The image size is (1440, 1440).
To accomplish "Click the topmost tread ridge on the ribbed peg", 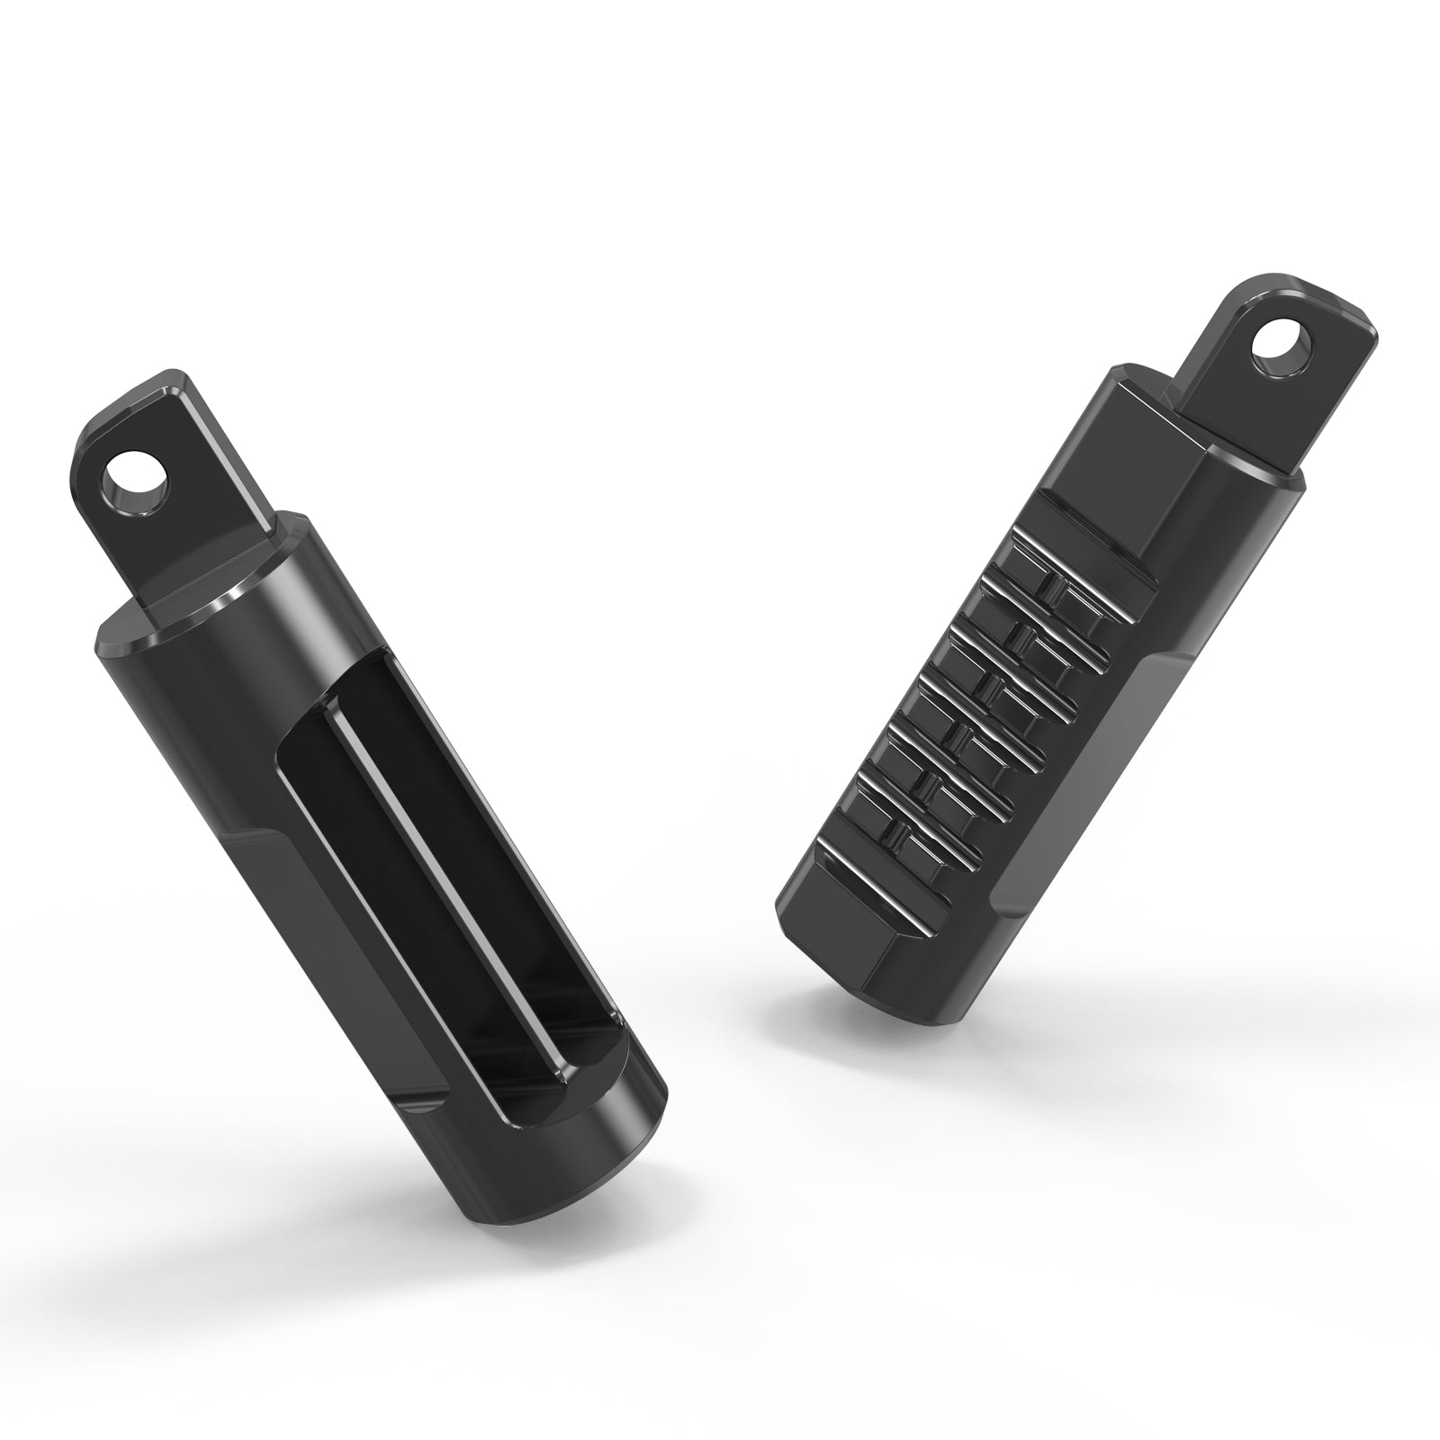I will click(1080, 558).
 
